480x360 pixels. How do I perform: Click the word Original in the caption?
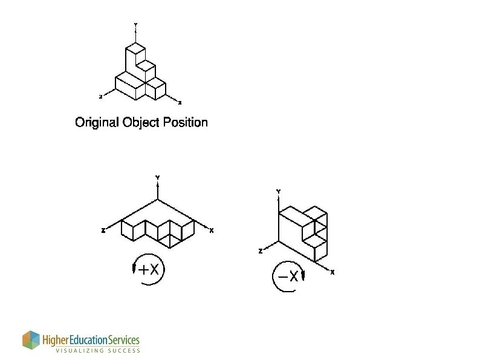pyautogui.click(x=97, y=123)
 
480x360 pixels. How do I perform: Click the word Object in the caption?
pyautogui.click(x=141, y=123)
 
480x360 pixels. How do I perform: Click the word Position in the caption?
pyautogui.click(x=185, y=122)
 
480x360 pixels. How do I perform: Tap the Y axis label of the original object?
pyautogui.click(x=135, y=25)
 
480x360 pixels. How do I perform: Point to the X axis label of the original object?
pyautogui.click(x=180, y=103)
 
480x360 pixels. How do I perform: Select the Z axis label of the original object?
pyautogui.click(x=100, y=97)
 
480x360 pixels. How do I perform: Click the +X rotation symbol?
pyautogui.click(x=149, y=270)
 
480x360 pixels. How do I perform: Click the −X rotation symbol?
pyautogui.click(x=288, y=277)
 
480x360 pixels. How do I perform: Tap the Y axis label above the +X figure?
pyautogui.click(x=157, y=178)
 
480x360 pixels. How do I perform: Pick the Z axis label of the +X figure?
pyautogui.click(x=103, y=231)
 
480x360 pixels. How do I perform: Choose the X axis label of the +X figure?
pyautogui.click(x=212, y=231)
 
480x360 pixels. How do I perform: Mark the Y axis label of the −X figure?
pyautogui.click(x=278, y=191)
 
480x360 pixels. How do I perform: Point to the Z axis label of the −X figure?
pyautogui.click(x=261, y=251)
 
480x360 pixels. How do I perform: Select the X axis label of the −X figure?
pyautogui.click(x=332, y=272)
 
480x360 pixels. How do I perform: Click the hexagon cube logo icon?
pyautogui.click(x=31, y=340)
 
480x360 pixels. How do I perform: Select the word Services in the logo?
pyautogui.click(x=124, y=340)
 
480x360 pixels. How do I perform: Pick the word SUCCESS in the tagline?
pyautogui.click(x=126, y=350)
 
